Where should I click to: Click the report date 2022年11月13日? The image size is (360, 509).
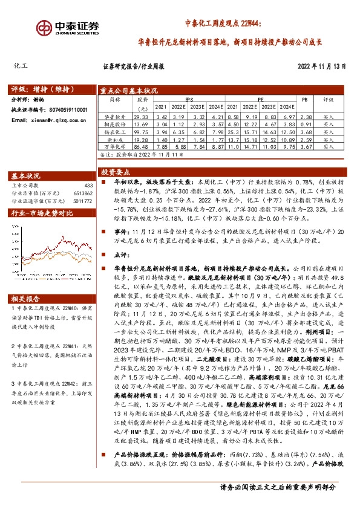pos(321,66)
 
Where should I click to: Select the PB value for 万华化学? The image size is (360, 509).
pos(306,146)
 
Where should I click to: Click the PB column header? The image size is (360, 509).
pos(305,99)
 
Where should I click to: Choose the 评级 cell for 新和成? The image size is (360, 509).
pos(328,139)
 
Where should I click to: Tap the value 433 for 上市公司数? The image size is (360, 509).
pos(89,185)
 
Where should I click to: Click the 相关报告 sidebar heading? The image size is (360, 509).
pos(26,298)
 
